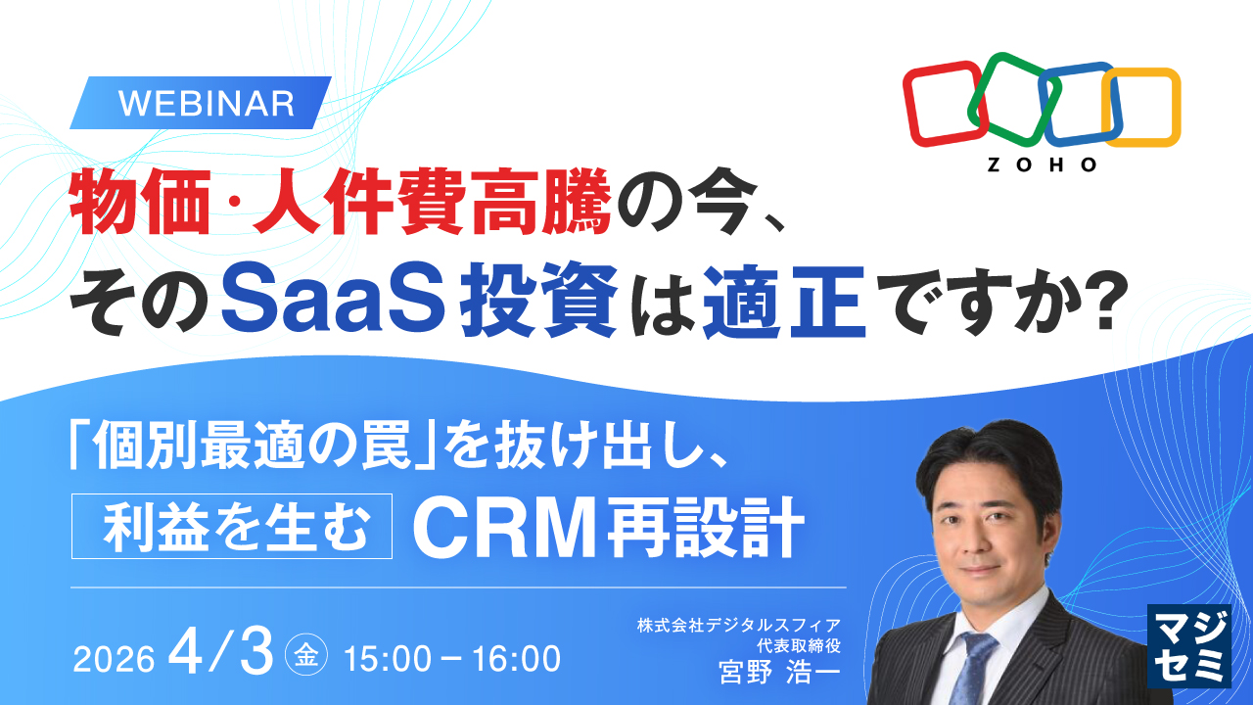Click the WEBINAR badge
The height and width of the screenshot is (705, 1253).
[201, 103]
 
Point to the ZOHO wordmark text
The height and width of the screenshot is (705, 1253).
[1042, 164]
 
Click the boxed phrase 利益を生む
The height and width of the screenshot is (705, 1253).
[232, 526]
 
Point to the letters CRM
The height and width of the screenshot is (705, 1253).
[506, 527]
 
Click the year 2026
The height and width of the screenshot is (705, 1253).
[114, 659]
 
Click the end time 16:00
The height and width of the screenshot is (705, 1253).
[516, 659]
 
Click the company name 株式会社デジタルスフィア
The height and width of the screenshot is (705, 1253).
[738, 626]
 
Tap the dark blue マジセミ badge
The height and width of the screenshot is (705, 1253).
[1188, 645]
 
